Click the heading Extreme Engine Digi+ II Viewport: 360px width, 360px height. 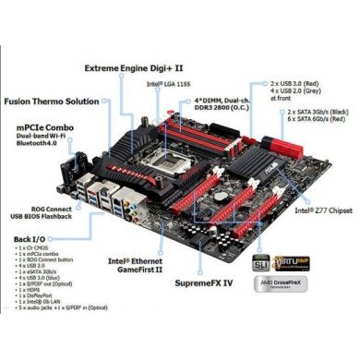tap(134, 67)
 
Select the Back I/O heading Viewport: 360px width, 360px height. tap(28, 239)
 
